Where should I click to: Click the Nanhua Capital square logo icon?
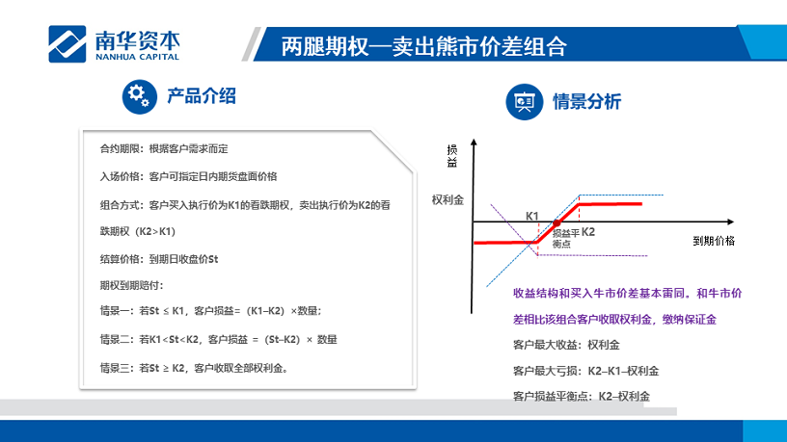click(x=68, y=44)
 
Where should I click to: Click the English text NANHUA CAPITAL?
click(x=137, y=57)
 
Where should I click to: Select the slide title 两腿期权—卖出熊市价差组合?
click(x=423, y=46)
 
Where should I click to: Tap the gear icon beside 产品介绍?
click(x=140, y=96)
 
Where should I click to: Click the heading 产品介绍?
click(x=202, y=95)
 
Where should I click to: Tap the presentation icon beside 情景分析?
click(x=525, y=102)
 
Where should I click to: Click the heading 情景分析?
click(x=586, y=102)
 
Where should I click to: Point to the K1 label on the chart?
click(x=532, y=216)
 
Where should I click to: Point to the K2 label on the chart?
click(x=588, y=232)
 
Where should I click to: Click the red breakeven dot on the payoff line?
click(x=556, y=223)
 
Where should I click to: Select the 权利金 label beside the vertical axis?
click(x=448, y=200)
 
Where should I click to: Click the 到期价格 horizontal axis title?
click(x=714, y=241)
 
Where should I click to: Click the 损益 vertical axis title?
click(x=451, y=156)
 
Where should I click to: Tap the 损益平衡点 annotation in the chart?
click(x=565, y=238)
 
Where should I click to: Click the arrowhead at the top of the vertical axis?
click(x=474, y=143)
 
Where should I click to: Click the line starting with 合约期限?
click(x=164, y=149)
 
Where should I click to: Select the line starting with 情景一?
click(x=210, y=311)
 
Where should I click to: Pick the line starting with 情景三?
click(x=194, y=368)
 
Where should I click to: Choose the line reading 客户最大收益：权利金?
click(x=566, y=345)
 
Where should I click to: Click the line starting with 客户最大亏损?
click(x=585, y=371)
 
